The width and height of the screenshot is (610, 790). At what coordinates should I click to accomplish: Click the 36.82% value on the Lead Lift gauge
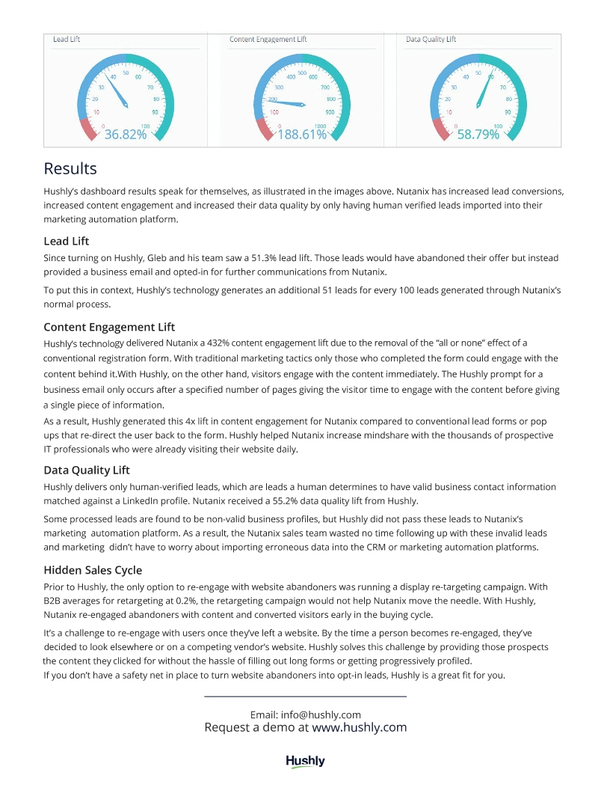(125, 135)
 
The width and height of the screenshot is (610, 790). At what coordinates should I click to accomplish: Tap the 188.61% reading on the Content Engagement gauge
(302, 135)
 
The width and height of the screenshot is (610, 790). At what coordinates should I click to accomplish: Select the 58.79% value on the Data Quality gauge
(478, 135)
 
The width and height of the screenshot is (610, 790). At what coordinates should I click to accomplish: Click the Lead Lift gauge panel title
(67, 40)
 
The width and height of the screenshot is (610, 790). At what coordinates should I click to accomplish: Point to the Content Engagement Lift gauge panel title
(268, 40)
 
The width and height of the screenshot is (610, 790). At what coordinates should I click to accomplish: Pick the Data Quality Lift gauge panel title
(431, 40)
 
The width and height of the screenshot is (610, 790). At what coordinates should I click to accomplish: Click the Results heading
(70, 168)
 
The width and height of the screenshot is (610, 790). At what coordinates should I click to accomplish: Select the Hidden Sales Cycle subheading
(93, 570)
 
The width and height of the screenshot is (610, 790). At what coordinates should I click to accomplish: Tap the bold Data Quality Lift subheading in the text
(87, 470)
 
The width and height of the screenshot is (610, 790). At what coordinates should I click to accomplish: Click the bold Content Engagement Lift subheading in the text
(109, 327)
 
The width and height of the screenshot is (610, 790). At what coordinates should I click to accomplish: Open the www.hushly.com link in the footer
(359, 727)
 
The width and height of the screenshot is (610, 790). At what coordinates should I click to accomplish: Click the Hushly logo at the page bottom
(305, 762)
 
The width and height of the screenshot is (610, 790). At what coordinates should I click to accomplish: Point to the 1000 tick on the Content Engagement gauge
(320, 126)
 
